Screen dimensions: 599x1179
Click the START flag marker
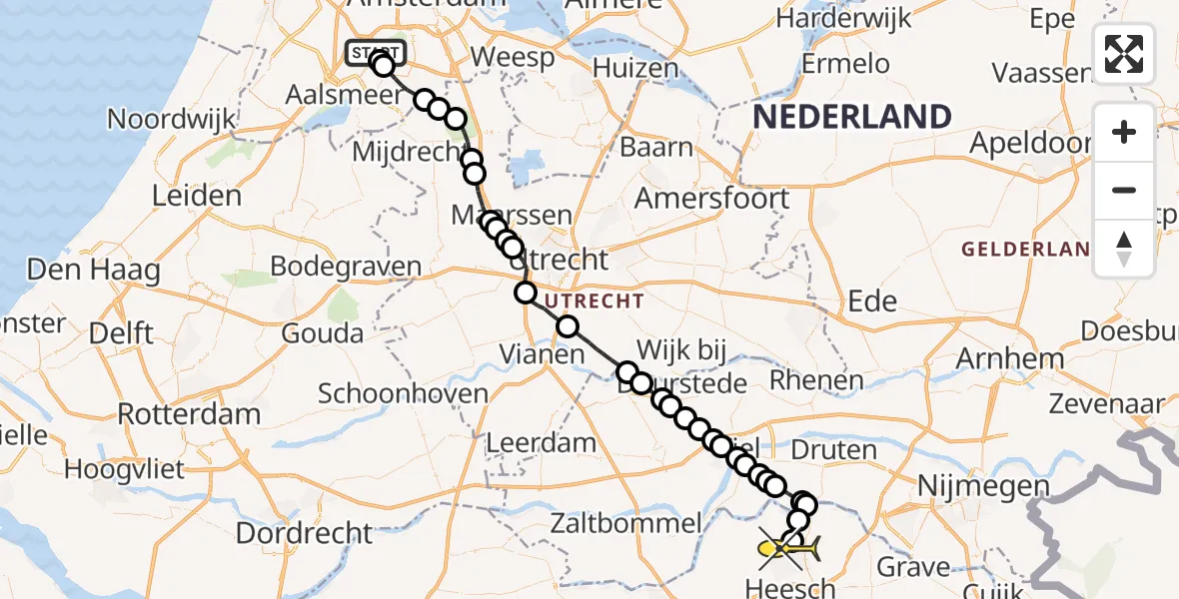click(376, 52)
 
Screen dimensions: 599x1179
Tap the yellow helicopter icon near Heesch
click(788, 548)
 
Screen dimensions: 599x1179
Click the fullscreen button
click(1124, 54)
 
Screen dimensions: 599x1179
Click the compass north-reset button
click(1124, 249)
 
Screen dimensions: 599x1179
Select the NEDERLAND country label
click(851, 117)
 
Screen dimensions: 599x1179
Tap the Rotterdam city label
click(190, 413)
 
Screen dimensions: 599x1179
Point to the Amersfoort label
click(712, 198)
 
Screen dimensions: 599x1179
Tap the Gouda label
click(323, 332)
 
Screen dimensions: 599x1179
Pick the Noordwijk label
click(172, 120)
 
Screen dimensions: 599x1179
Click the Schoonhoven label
click(403, 392)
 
